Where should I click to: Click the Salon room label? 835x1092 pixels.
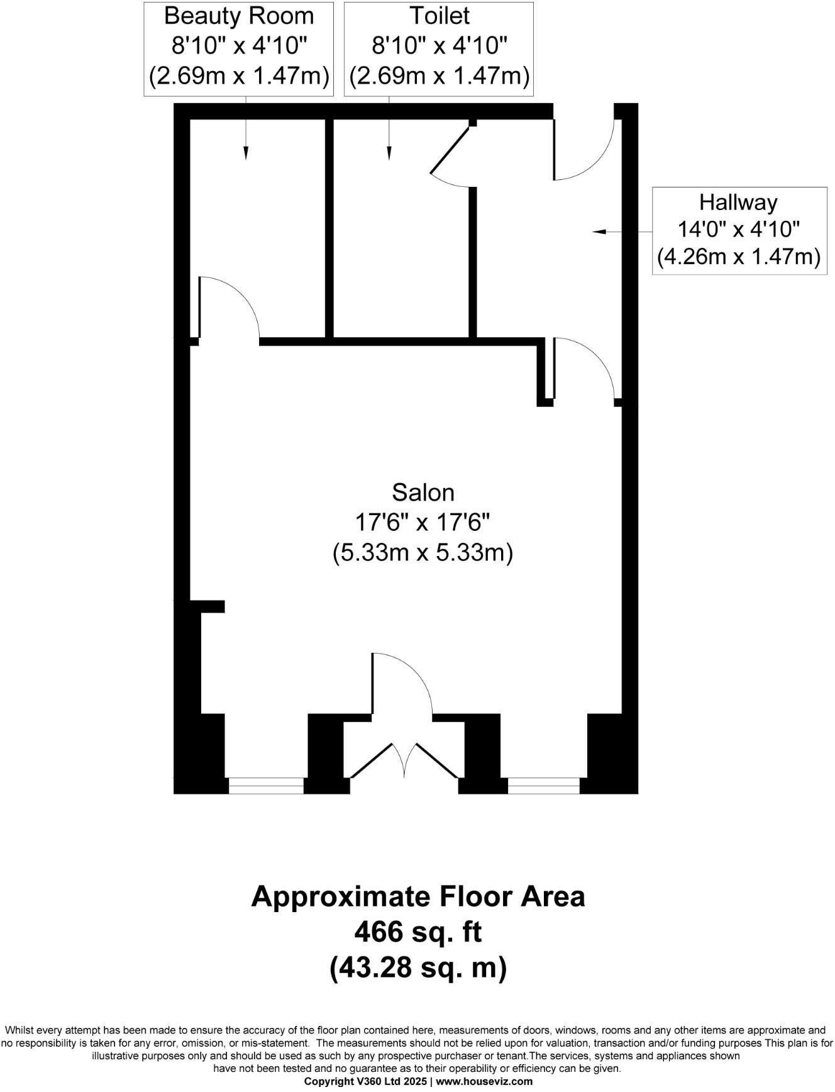coord(423,492)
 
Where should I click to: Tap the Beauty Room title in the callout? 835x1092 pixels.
coord(238,16)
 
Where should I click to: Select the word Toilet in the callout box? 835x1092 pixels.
coord(439,16)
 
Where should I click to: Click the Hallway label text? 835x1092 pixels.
coord(738,202)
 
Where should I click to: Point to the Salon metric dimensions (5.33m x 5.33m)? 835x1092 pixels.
coord(423,553)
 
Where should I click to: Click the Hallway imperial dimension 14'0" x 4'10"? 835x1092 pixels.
coord(738,229)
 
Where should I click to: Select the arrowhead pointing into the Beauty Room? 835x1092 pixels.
coord(246,152)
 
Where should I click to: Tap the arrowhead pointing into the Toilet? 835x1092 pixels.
coord(389,152)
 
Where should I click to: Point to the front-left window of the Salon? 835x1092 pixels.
coord(266,786)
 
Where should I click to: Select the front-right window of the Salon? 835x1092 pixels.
coord(544,786)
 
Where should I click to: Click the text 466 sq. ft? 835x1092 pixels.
coord(418,932)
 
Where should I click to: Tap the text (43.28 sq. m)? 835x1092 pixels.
coord(418,967)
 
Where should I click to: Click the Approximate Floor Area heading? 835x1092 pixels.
coord(418,896)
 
